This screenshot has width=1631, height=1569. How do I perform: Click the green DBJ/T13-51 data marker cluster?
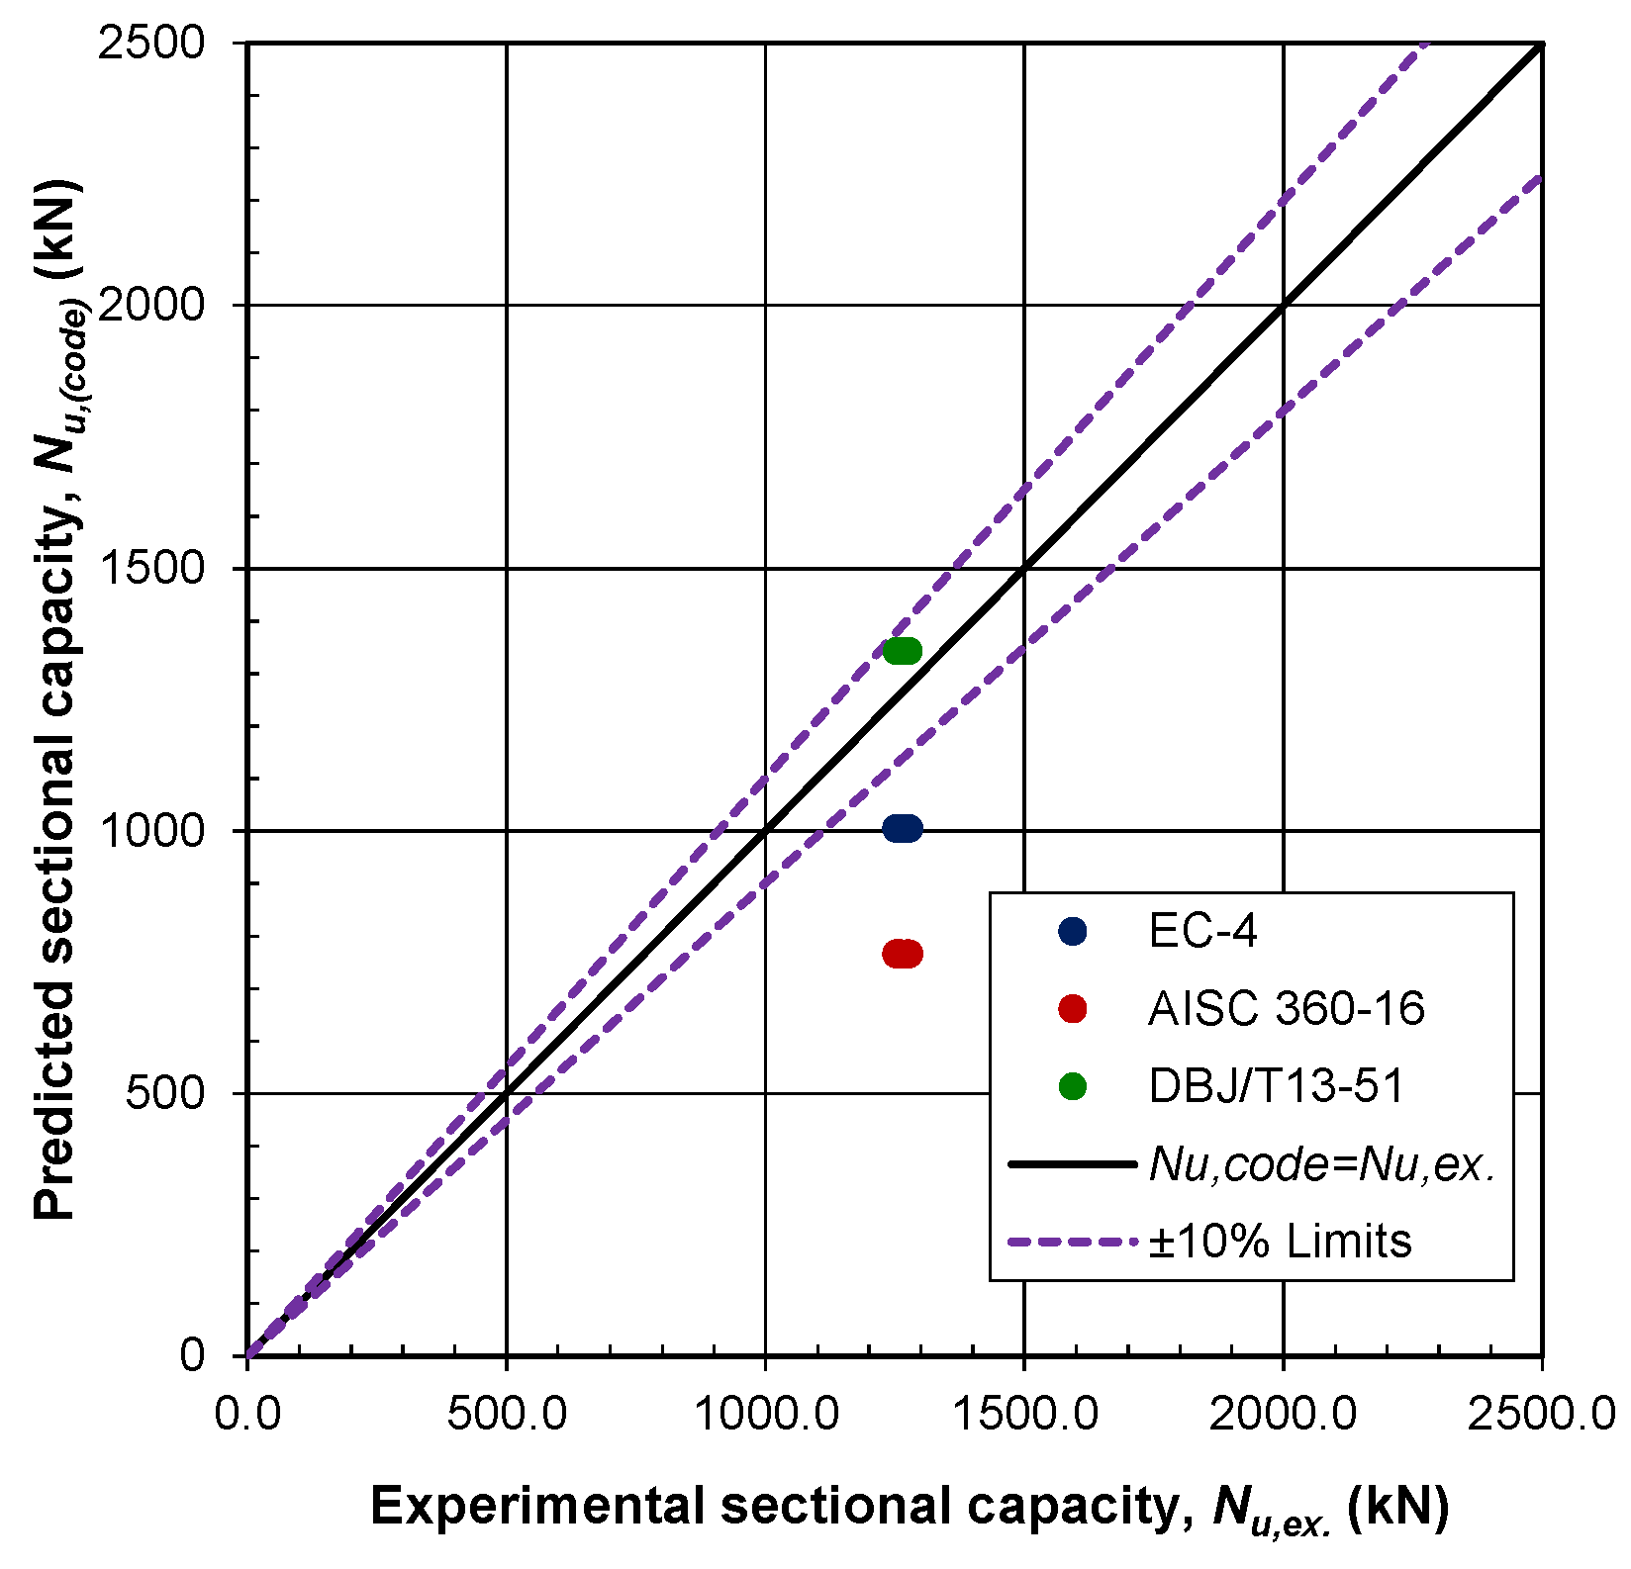(x=902, y=651)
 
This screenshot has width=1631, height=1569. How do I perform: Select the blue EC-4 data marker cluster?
(x=902, y=829)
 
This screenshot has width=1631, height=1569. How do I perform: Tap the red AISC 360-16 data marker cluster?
(x=902, y=954)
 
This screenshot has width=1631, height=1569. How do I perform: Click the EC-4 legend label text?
(x=1202, y=932)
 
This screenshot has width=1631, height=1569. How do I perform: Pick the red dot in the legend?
(x=1072, y=1009)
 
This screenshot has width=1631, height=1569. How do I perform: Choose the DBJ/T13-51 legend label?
(x=1276, y=1086)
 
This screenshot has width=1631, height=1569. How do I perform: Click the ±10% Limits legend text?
(x=1280, y=1241)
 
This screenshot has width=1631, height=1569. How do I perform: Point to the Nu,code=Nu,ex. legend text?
(x=1321, y=1165)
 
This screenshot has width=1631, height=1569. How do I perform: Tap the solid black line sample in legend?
(x=1072, y=1165)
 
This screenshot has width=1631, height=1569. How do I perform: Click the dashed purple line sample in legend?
(x=1072, y=1242)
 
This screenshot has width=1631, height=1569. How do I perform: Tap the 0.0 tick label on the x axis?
(x=247, y=1414)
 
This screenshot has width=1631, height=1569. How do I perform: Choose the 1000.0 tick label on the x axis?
(x=765, y=1414)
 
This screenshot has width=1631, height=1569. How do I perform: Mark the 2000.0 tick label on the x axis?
(x=1283, y=1414)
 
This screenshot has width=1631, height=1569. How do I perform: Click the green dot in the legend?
(x=1072, y=1086)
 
